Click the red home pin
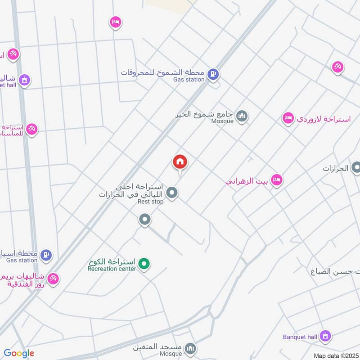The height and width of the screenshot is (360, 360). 180,162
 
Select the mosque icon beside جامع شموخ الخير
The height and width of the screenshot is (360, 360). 242,116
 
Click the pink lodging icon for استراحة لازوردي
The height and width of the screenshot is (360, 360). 288,118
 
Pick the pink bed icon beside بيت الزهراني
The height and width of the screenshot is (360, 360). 277,180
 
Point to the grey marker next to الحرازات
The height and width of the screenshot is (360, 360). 356,168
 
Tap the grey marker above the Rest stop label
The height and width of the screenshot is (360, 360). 171,193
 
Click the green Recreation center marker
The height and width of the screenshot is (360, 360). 144,263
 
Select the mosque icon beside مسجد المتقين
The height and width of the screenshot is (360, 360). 191,348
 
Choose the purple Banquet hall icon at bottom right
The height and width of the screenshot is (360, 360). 325,335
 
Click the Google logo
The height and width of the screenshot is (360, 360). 19,353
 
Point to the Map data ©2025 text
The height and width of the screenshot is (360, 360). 335,355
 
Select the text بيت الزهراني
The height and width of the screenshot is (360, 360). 248,181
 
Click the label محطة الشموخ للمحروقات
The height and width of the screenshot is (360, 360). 162,72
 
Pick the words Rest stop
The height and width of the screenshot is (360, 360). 150,202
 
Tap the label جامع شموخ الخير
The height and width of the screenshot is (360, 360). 205,114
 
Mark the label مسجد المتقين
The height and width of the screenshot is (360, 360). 157,347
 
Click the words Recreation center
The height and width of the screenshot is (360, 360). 112,269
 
